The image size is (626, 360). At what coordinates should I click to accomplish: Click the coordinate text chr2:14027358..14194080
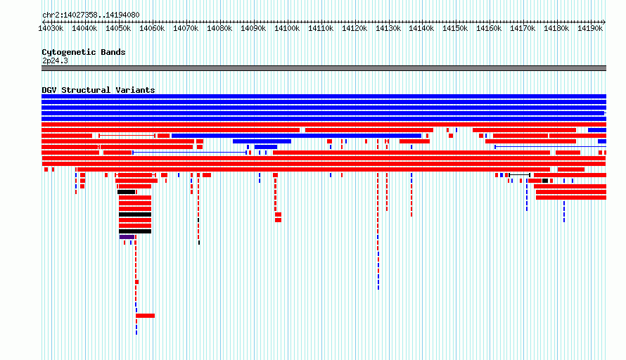[x=91, y=15]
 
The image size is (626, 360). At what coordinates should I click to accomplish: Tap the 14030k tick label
[x=51, y=28]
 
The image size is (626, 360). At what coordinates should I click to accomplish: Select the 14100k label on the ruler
[x=287, y=28]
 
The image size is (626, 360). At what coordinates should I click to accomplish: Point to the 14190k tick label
[x=590, y=28]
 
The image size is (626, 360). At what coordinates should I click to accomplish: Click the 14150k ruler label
[x=455, y=28]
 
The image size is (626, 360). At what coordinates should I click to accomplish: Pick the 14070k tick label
[x=186, y=28]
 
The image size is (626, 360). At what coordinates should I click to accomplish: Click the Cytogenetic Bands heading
[x=84, y=52]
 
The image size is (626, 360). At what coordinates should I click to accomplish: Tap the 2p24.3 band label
[x=55, y=60]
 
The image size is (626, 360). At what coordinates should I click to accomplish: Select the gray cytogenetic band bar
[x=324, y=68]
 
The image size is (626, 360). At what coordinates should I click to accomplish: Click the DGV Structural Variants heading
[x=98, y=90]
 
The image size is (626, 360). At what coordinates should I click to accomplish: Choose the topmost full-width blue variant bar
[x=324, y=96]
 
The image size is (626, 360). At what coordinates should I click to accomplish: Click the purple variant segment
[x=127, y=237]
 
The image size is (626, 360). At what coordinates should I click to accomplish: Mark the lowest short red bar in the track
[x=145, y=316]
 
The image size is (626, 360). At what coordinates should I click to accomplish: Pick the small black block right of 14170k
[x=545, y=181]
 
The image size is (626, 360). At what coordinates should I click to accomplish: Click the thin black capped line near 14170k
[x=519, y=175]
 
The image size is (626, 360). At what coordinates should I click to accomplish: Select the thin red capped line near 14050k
[x=127, y=136]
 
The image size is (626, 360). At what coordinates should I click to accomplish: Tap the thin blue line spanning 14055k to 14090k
[x=190, y=153]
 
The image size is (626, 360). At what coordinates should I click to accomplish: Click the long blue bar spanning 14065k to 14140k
[x=296, y=136]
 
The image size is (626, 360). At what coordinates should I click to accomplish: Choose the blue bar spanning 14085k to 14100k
[x=262, y=141]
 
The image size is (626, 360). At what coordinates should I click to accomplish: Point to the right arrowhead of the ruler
[x=604, y=22]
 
